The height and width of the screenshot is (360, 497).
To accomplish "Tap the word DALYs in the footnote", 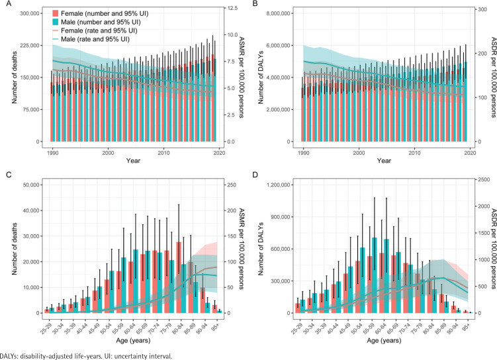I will coord(11,355).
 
